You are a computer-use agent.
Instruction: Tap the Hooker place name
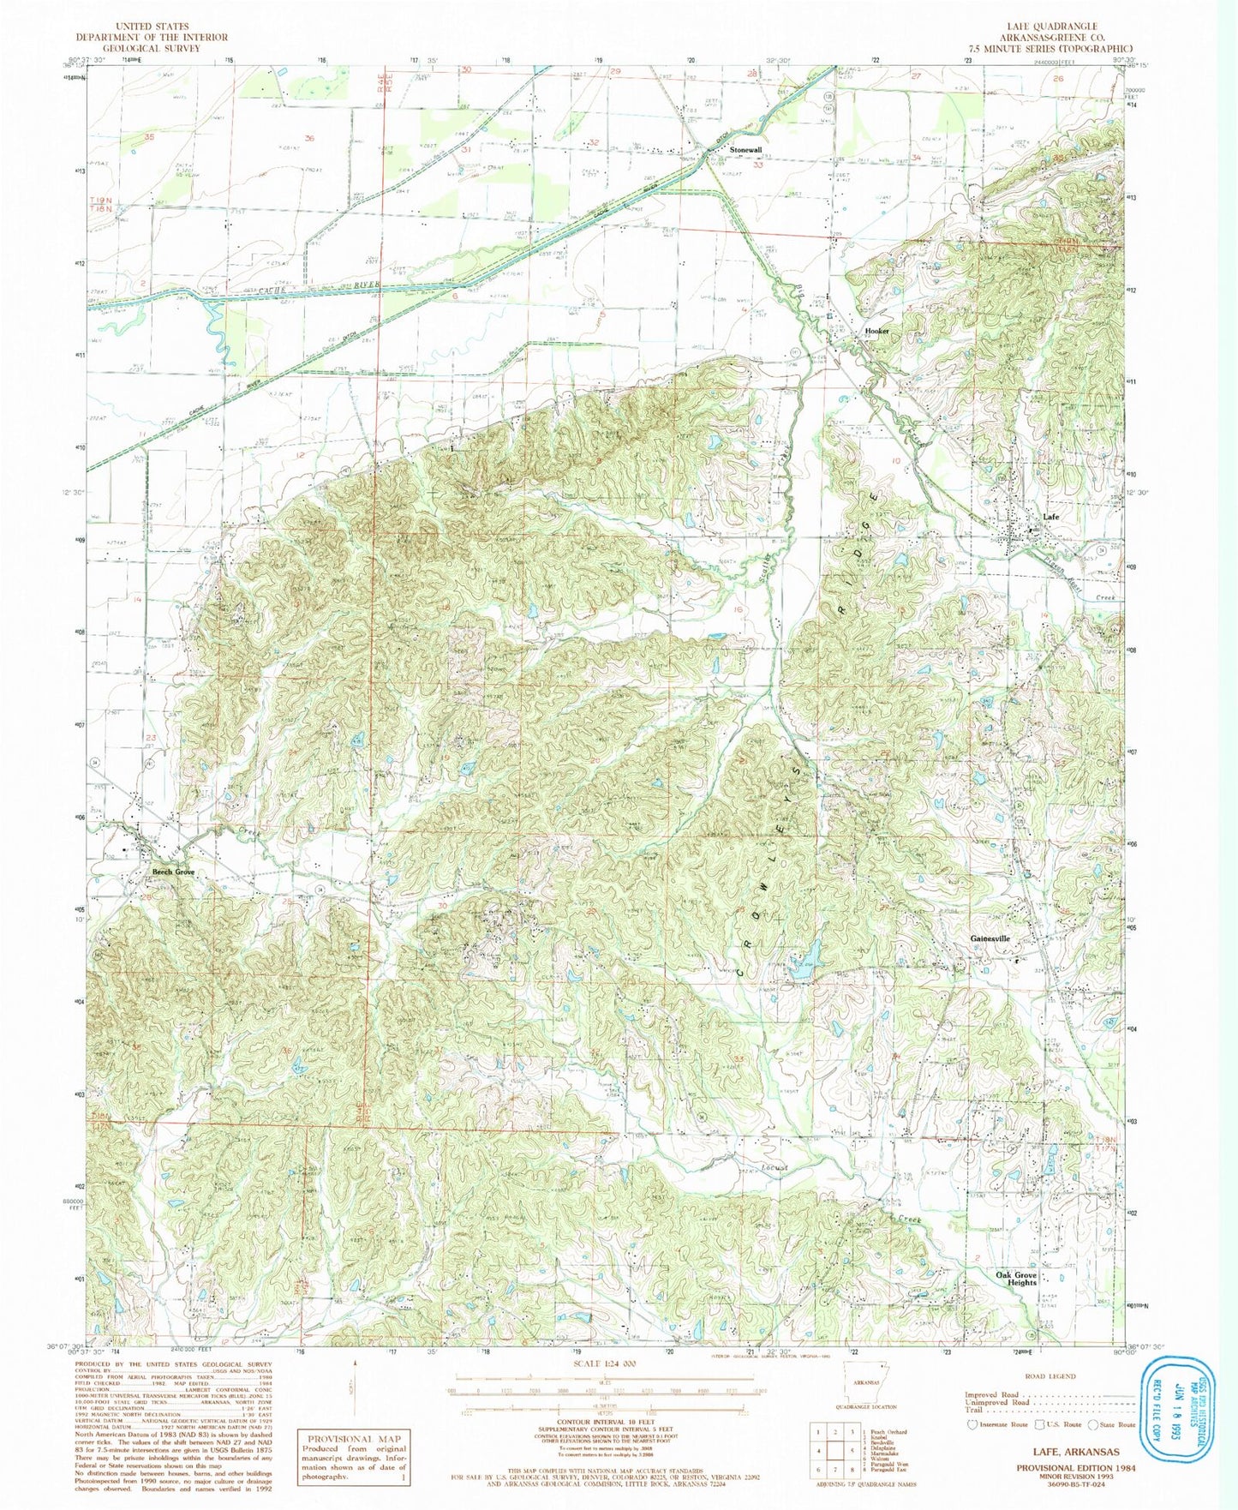click(x=876, y=331)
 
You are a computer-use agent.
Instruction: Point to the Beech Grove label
click(x=173, y=872)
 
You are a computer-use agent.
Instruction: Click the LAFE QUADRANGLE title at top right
click(x=1057, y=27)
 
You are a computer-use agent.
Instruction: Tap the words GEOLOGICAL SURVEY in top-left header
click(x=151, y=48)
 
